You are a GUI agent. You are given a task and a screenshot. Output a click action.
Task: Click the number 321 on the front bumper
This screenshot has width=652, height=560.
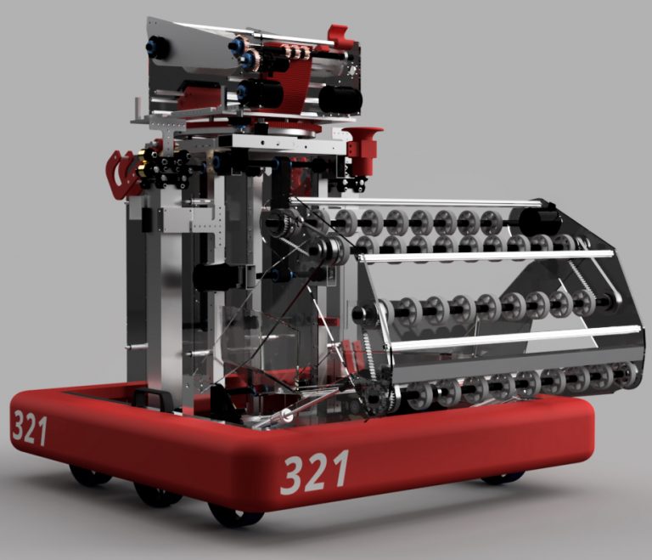[314, 472]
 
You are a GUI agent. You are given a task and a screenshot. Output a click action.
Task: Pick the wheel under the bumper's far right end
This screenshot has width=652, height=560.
[503, 478]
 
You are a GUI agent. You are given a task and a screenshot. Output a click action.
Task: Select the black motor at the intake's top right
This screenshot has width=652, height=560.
[540, 223]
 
